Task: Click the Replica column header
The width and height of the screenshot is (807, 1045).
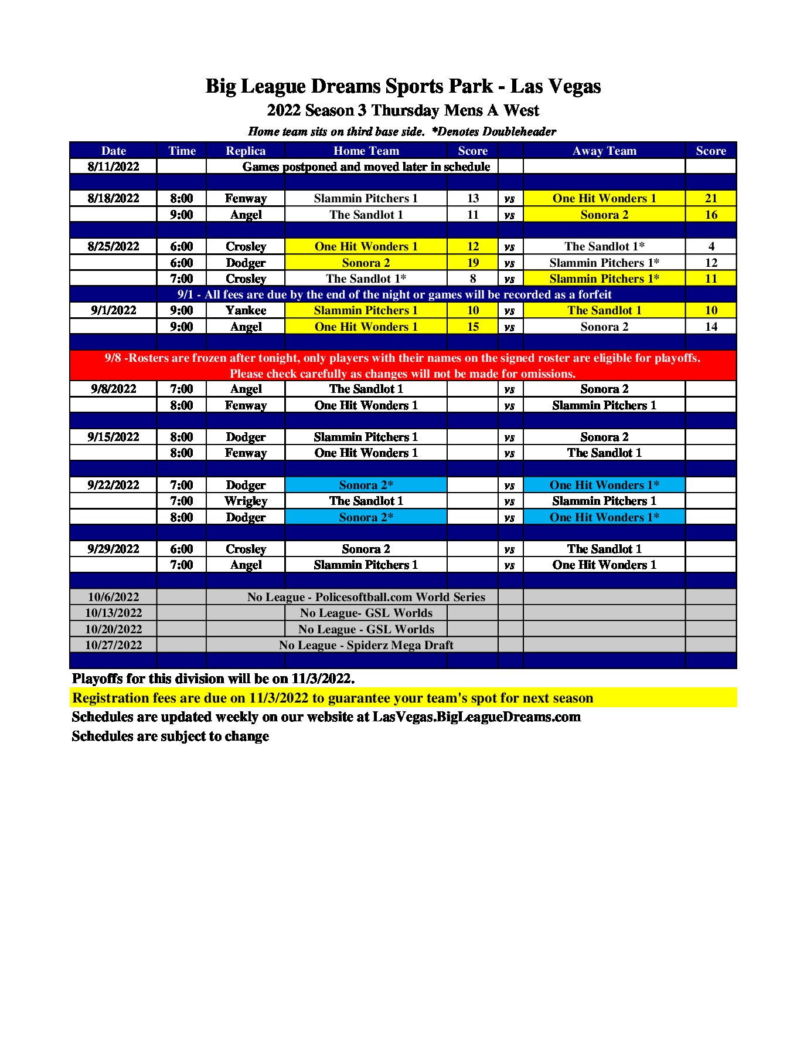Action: pos(246,151)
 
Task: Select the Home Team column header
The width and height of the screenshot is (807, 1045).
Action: pos(366,151)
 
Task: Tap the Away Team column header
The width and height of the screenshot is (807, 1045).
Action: pos(604,151)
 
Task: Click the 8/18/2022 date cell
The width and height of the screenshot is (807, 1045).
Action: pos(113,198)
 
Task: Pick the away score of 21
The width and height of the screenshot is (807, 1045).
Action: pos(710,198)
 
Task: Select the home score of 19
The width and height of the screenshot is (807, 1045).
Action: pos(472,263)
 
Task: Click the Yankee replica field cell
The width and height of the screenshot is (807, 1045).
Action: pos(246,310)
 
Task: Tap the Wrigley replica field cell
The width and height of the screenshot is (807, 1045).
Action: pos(246,501)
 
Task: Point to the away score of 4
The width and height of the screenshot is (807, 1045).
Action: pos(710,246)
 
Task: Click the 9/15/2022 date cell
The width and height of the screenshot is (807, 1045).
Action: pos(113,437)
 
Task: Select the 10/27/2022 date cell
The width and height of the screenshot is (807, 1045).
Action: pos(113,645)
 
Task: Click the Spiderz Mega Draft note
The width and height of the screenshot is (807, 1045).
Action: pos(366,645)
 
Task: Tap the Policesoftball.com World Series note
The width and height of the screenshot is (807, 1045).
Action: pos(366,597)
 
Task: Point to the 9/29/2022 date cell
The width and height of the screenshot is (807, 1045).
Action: pos(113,549)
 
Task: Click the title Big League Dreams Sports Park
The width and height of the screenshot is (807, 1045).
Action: pos(403,86)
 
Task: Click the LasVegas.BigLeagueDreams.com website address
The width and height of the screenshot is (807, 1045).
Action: pos(476,717)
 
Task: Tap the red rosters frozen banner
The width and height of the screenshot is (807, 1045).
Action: pos(403,365)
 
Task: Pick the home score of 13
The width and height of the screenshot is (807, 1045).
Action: pos(472,198)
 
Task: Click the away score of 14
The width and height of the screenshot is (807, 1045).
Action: pos(710,327)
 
